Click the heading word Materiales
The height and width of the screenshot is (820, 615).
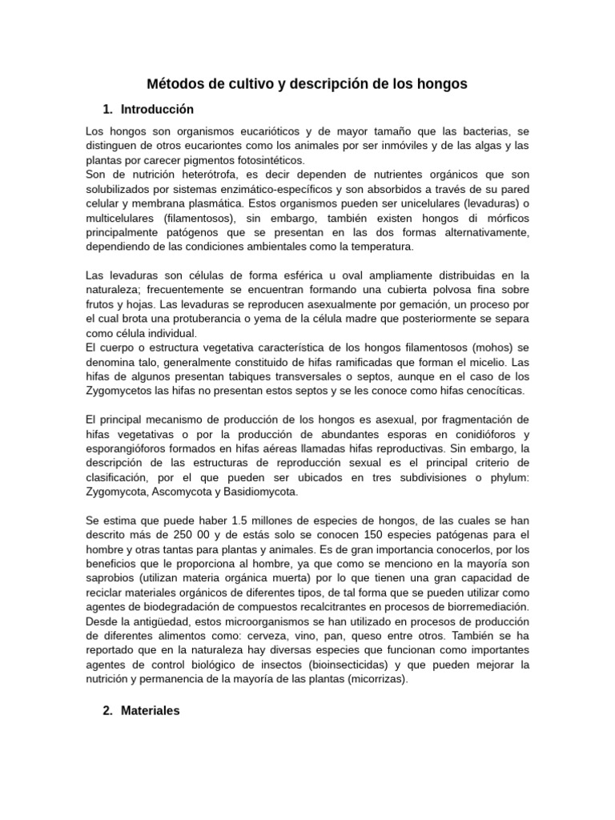151,710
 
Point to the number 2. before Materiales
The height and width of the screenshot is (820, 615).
110,710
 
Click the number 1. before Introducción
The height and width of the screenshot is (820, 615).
110,109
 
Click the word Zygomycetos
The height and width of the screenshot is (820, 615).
118,391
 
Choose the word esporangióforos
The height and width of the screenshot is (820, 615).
128,448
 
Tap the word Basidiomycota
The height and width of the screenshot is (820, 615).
259,492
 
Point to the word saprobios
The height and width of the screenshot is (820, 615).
110,578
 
